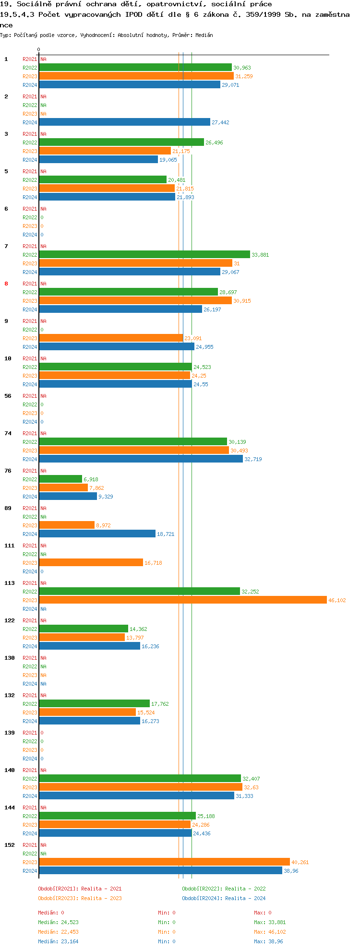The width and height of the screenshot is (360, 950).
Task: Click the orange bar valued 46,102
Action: tap(182, 600)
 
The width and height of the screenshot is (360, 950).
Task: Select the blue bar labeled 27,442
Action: tap(125, 122)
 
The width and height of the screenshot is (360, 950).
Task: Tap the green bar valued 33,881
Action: tap(144, 255)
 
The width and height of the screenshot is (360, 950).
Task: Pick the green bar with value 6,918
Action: tap(60, 479)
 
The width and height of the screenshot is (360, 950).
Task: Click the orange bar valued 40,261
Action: tap(164, 862)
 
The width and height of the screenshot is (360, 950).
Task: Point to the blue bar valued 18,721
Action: tap(97, 534)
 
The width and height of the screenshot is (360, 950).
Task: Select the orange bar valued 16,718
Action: tap(91, 563)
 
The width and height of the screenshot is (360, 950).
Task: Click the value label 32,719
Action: tap(253, 459)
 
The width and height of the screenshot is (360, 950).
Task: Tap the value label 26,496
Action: tap(214, 142)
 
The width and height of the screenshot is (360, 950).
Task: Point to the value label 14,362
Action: tap(138, 629)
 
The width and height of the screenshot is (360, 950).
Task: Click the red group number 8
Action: tap(6, 284)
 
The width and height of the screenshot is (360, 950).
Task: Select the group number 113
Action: tap(9, 583)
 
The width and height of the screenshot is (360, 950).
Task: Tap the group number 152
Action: tap(9, 845)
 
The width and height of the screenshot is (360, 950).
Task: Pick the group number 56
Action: tap(8, 396)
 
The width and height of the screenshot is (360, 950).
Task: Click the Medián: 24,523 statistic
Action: tap(58, 922)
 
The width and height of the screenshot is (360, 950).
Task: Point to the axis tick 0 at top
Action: tap(38, 49)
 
